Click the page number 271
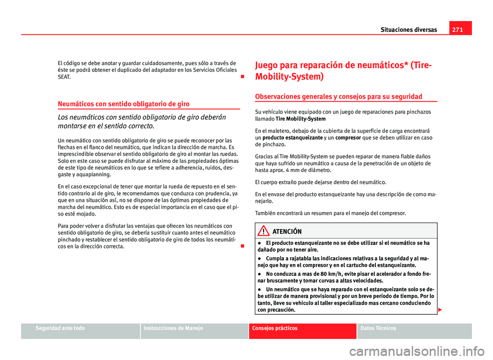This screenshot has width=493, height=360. tap(457, 30)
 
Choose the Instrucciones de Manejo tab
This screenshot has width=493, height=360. tap(174, 328)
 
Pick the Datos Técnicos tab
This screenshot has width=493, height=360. tap(378, 328)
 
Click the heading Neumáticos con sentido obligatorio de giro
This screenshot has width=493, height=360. tap(117, 104)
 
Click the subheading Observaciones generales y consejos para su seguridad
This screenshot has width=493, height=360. tap(338, 97)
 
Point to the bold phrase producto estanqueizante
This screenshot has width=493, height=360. tap(292, 138)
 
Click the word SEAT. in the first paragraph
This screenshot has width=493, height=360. tap(65, 77)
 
